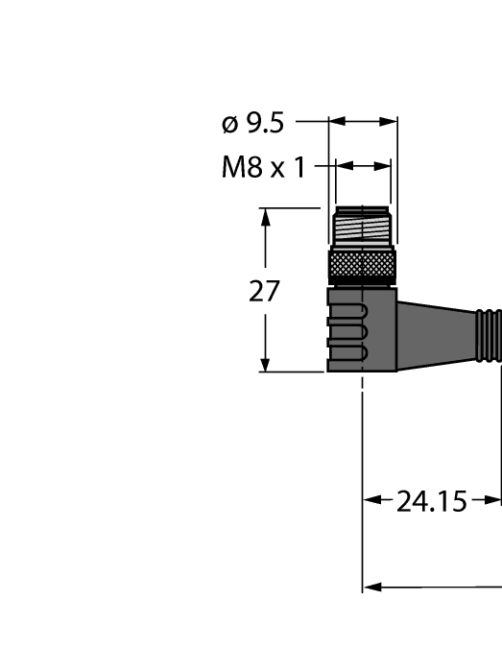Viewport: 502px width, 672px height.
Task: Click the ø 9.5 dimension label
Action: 252,123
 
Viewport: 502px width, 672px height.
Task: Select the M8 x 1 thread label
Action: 262,168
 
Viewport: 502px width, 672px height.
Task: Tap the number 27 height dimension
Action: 264,291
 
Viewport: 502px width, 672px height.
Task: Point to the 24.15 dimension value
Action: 431,500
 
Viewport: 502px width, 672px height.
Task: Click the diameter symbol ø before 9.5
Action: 229,124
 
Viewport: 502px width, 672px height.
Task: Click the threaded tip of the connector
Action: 362,228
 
